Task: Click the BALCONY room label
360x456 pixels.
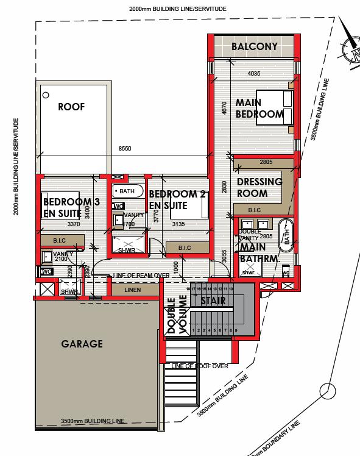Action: point(254,46)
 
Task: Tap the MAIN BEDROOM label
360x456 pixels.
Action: point(259,109)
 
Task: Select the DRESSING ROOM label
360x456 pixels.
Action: point(259,188)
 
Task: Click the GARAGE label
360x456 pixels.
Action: point(82,344)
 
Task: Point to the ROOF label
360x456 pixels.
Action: point(71,107)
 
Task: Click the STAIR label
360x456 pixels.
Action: point(213,301)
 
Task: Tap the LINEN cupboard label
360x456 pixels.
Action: point(132,290)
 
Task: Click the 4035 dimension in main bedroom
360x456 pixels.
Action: point(254,74)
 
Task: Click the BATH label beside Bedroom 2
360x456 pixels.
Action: point(127,191)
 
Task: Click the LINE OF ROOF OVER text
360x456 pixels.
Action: point(200,366)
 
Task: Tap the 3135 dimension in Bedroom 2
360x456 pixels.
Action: point(178,224)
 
